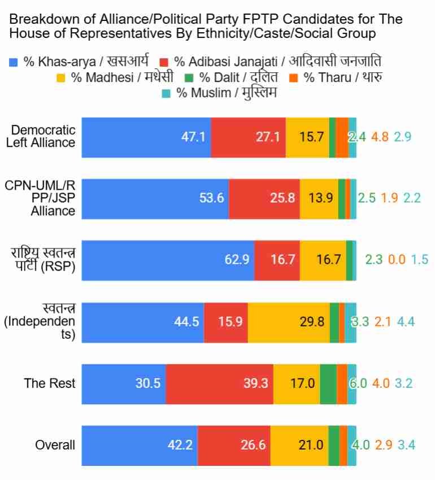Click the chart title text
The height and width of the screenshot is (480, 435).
pyautogui.click(x=206, y=27)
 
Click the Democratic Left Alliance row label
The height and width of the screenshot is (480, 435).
pyautogui.click(x=41, y=137)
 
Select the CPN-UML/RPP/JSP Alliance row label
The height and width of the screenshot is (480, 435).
pyautogui.click(x=41, y=198)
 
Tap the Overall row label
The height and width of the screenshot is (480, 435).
pyautogui.click(x=55, y=445)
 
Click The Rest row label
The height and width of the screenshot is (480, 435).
pyautogui.click(x=50, y=383)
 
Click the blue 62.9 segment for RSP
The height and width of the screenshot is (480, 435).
pyautogui.click(x=168, y=260)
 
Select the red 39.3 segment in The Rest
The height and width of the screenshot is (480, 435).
pyautogui.click(x=219, y=383)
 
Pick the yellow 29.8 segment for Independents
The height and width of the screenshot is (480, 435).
pyautogui.click(x=288, y=322)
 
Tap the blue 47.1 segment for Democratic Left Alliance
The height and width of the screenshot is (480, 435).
pyautogui.click(x=146, y=137)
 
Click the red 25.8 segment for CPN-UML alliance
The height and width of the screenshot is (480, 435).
pyautogui.click(x=264, y=199)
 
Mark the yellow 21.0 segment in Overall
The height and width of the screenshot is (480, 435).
pyautogui.click(x=299, y=445)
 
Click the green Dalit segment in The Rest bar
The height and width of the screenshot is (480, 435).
pyautogui.click(x=328, y=383)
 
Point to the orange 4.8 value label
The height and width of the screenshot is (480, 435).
pyautogui.click(x=380, y=137)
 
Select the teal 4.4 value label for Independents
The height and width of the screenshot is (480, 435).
pyautogui.click(x=406, y=322)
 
